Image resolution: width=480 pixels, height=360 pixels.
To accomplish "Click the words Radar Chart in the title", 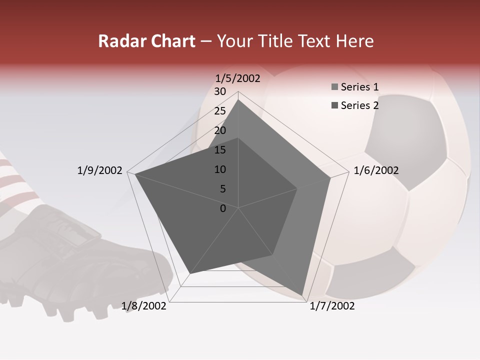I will click(x=146, y=41).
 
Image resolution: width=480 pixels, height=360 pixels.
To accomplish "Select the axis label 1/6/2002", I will click(x=376, y=170).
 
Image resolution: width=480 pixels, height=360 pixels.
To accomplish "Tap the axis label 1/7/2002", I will click(x=332, y=306).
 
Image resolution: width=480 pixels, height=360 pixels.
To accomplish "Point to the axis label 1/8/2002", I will click(x=144, y=306).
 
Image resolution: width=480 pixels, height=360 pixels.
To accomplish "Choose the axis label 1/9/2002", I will click(x=99, y=170).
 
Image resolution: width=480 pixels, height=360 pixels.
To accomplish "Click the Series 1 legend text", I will click(x=359, y=87).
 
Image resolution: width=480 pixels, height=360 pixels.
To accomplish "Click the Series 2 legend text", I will click(x=359, y=105).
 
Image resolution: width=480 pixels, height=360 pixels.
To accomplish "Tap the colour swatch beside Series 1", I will click(x=334, y=87).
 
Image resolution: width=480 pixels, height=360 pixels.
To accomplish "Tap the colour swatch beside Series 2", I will click(x=334, y=105).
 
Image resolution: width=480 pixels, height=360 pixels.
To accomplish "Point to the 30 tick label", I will click(x=220, y=91).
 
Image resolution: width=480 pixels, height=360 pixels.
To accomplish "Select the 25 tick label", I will click(x=220, y=111).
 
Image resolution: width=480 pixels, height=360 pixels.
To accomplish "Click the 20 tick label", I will click(x=220, y=130).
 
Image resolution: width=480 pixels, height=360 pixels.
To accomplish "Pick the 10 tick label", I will click(x=220, y=169).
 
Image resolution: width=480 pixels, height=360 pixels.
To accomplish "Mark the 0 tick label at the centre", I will click(x=223, y=208).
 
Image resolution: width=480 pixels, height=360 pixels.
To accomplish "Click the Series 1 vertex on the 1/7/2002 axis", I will click(x=302, y=295).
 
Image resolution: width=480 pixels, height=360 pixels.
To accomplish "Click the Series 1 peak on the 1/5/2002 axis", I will click(x=238, y=99).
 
